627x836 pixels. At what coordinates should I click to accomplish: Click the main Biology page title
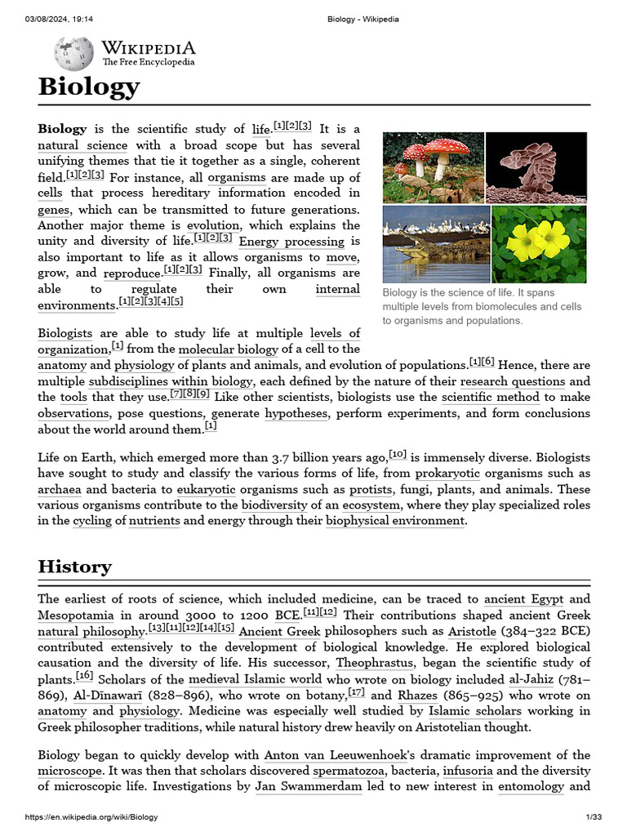(89, 87)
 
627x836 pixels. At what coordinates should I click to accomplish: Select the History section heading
(75, 567)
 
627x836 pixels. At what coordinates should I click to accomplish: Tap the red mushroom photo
(433, 167)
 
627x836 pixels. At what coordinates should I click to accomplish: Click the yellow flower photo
(539, 243)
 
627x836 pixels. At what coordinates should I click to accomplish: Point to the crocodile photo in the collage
(435, 243)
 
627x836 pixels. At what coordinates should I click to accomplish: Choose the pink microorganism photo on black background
(536, 167)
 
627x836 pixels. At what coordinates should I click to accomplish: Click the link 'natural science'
(82, 145)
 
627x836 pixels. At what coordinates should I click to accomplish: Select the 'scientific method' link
(491, 398)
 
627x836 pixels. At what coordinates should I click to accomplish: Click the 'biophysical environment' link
(395, 521)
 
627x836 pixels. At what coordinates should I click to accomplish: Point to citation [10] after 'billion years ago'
(398, 453)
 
